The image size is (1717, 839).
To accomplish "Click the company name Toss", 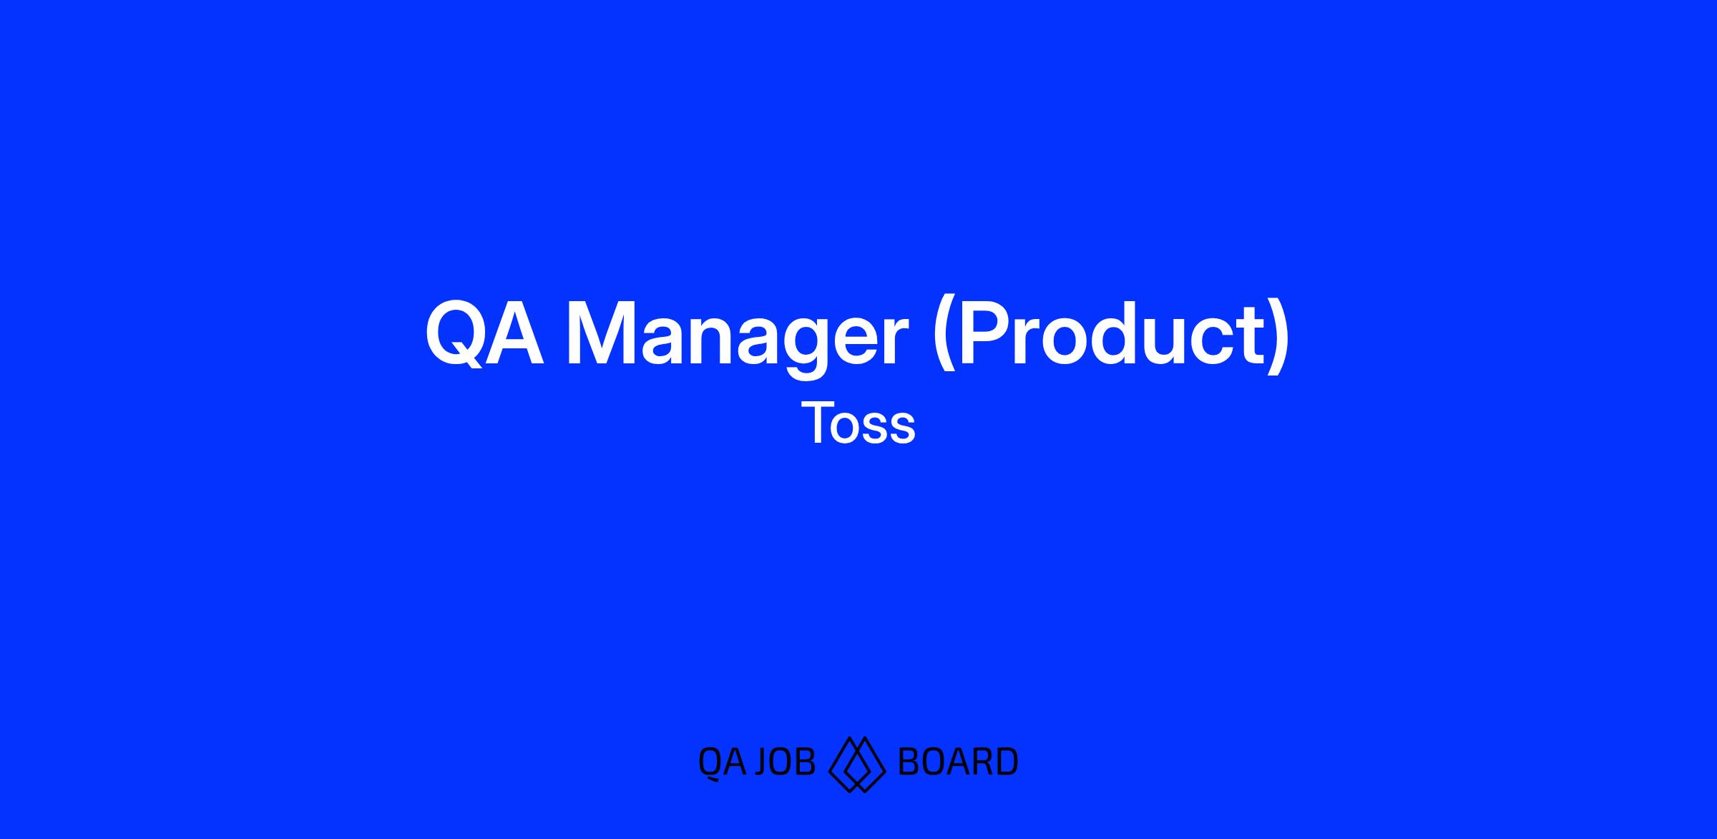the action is [858, 423].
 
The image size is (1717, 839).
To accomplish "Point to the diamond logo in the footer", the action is [857, 764].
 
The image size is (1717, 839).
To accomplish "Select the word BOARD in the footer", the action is [957, 762].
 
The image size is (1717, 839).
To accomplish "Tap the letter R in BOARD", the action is [979, 762].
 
